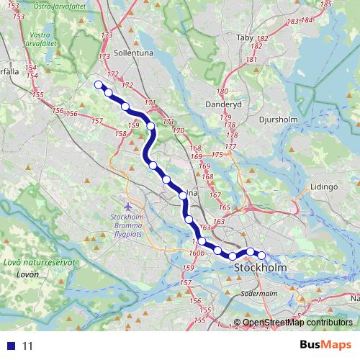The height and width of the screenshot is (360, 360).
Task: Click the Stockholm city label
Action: point(260,268)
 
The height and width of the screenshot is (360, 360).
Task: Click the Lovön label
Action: point(27,274)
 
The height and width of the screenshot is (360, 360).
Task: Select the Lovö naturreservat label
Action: point(40,263)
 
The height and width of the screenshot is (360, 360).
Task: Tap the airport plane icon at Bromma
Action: point(128,207)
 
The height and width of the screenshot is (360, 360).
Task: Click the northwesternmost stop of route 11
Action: point(99,84)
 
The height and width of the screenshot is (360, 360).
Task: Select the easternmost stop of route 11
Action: point(261,255)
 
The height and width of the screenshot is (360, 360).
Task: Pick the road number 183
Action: point(292,22)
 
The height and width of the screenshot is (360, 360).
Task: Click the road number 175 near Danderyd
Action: point(217,155)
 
